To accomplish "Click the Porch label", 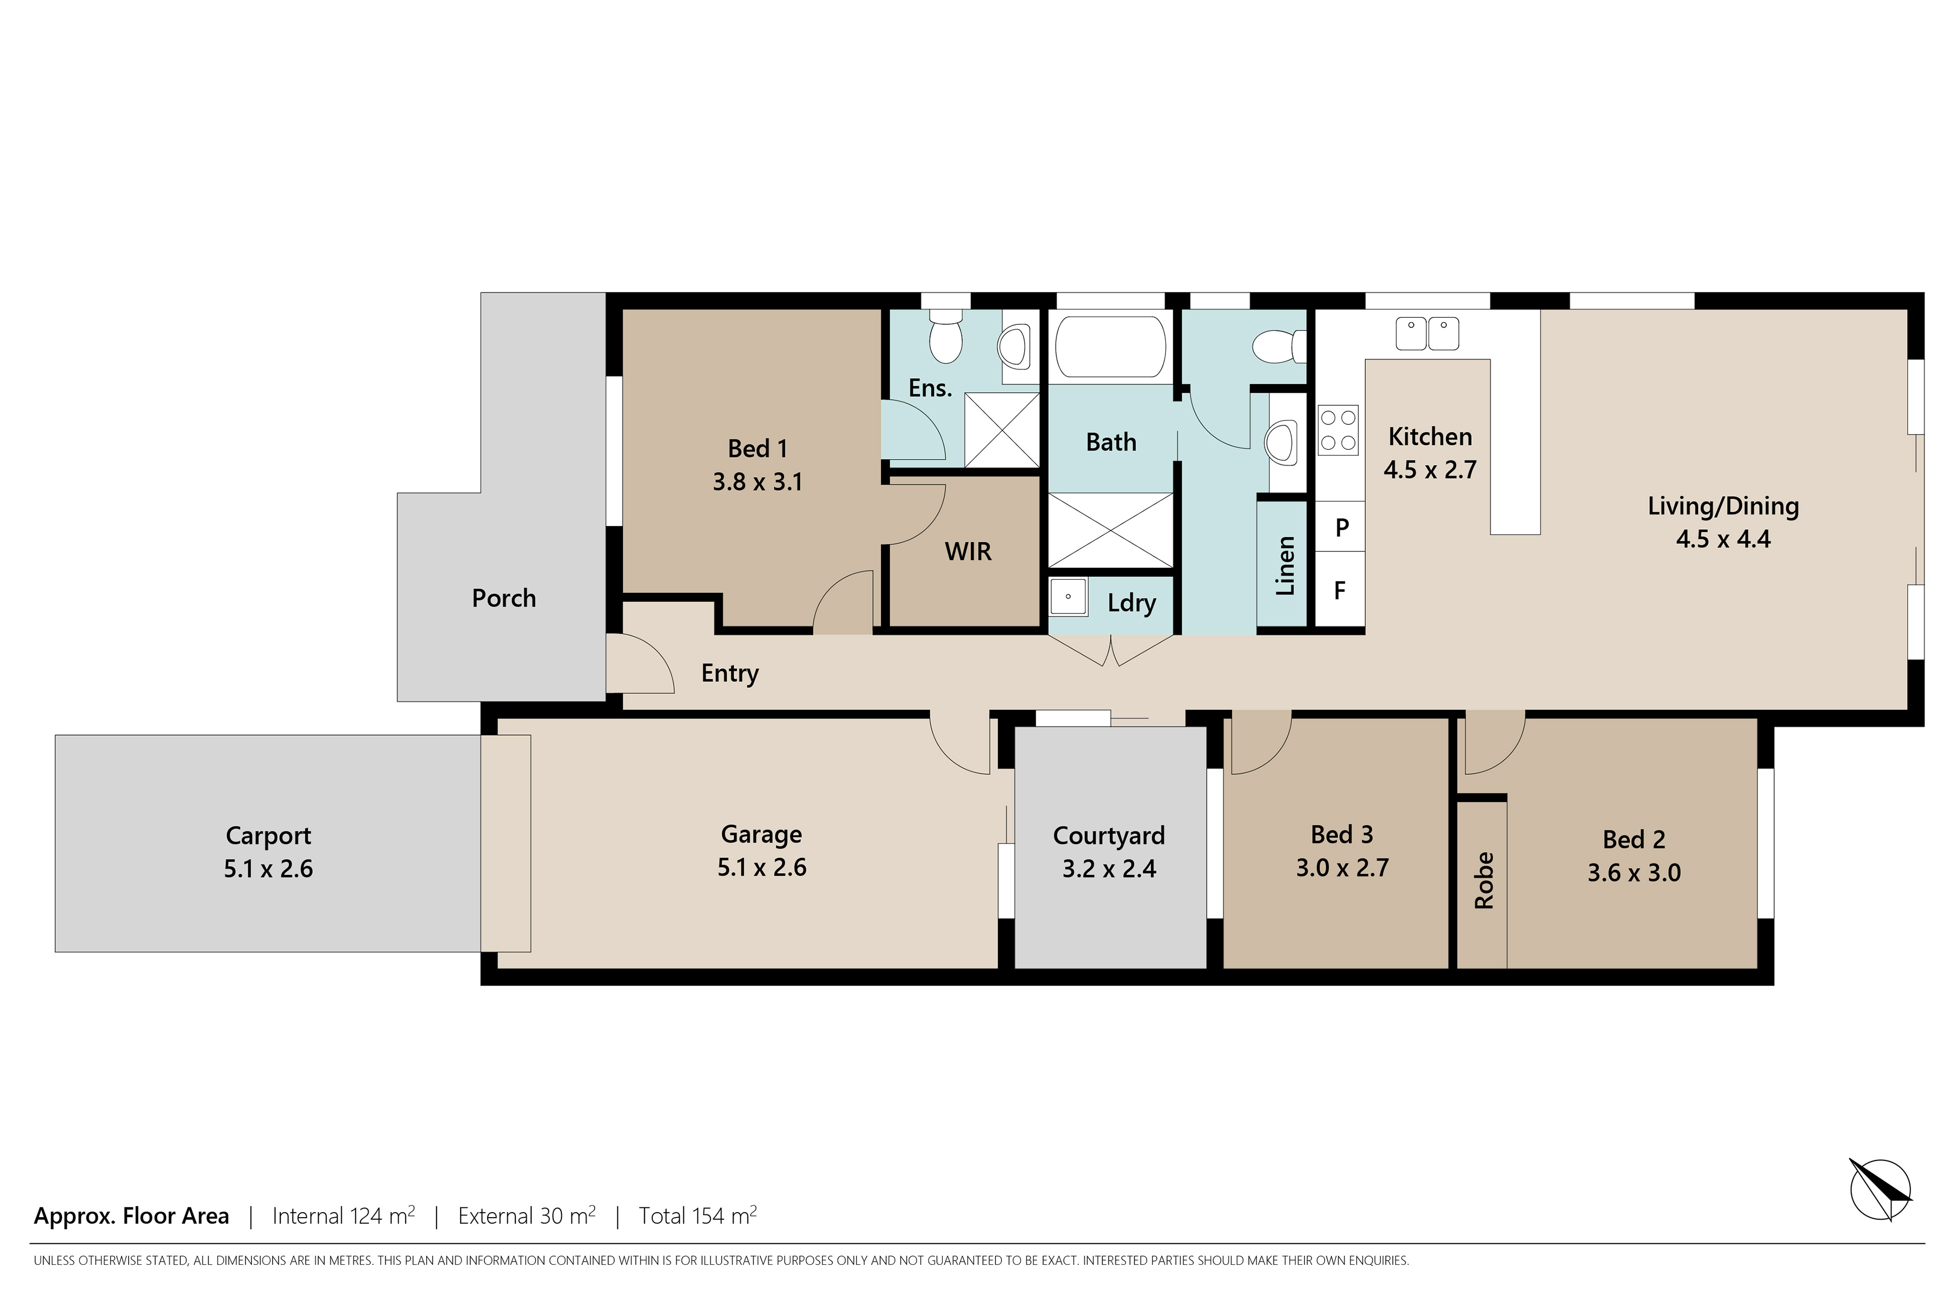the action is click(x=504, y=598).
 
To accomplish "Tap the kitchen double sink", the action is click(x=1427, y=334).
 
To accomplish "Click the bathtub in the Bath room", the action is click(x=1109, y=346).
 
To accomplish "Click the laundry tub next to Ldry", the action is click(x=1068, y=596).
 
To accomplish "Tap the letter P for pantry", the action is click(x=1341, y=527).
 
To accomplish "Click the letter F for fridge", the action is click(x=1340, y=591).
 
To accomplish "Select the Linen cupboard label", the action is click(x=1285, y=566).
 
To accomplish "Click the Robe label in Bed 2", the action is click(x=1484, y=880).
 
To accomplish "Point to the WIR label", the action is click(x=968, y=551).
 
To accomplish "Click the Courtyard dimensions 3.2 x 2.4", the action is click(x=1109, y=869).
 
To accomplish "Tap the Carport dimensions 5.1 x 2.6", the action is click(x=268, y=869).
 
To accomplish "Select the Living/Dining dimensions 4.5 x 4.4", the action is click(x=1723, y=539).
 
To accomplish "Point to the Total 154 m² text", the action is click(x=697, y=1216).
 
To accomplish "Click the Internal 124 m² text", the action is click(x=343, y=1216).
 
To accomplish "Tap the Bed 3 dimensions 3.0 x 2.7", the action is click(x=1342, y=868).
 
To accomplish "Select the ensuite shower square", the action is click(x=1001, y=430).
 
